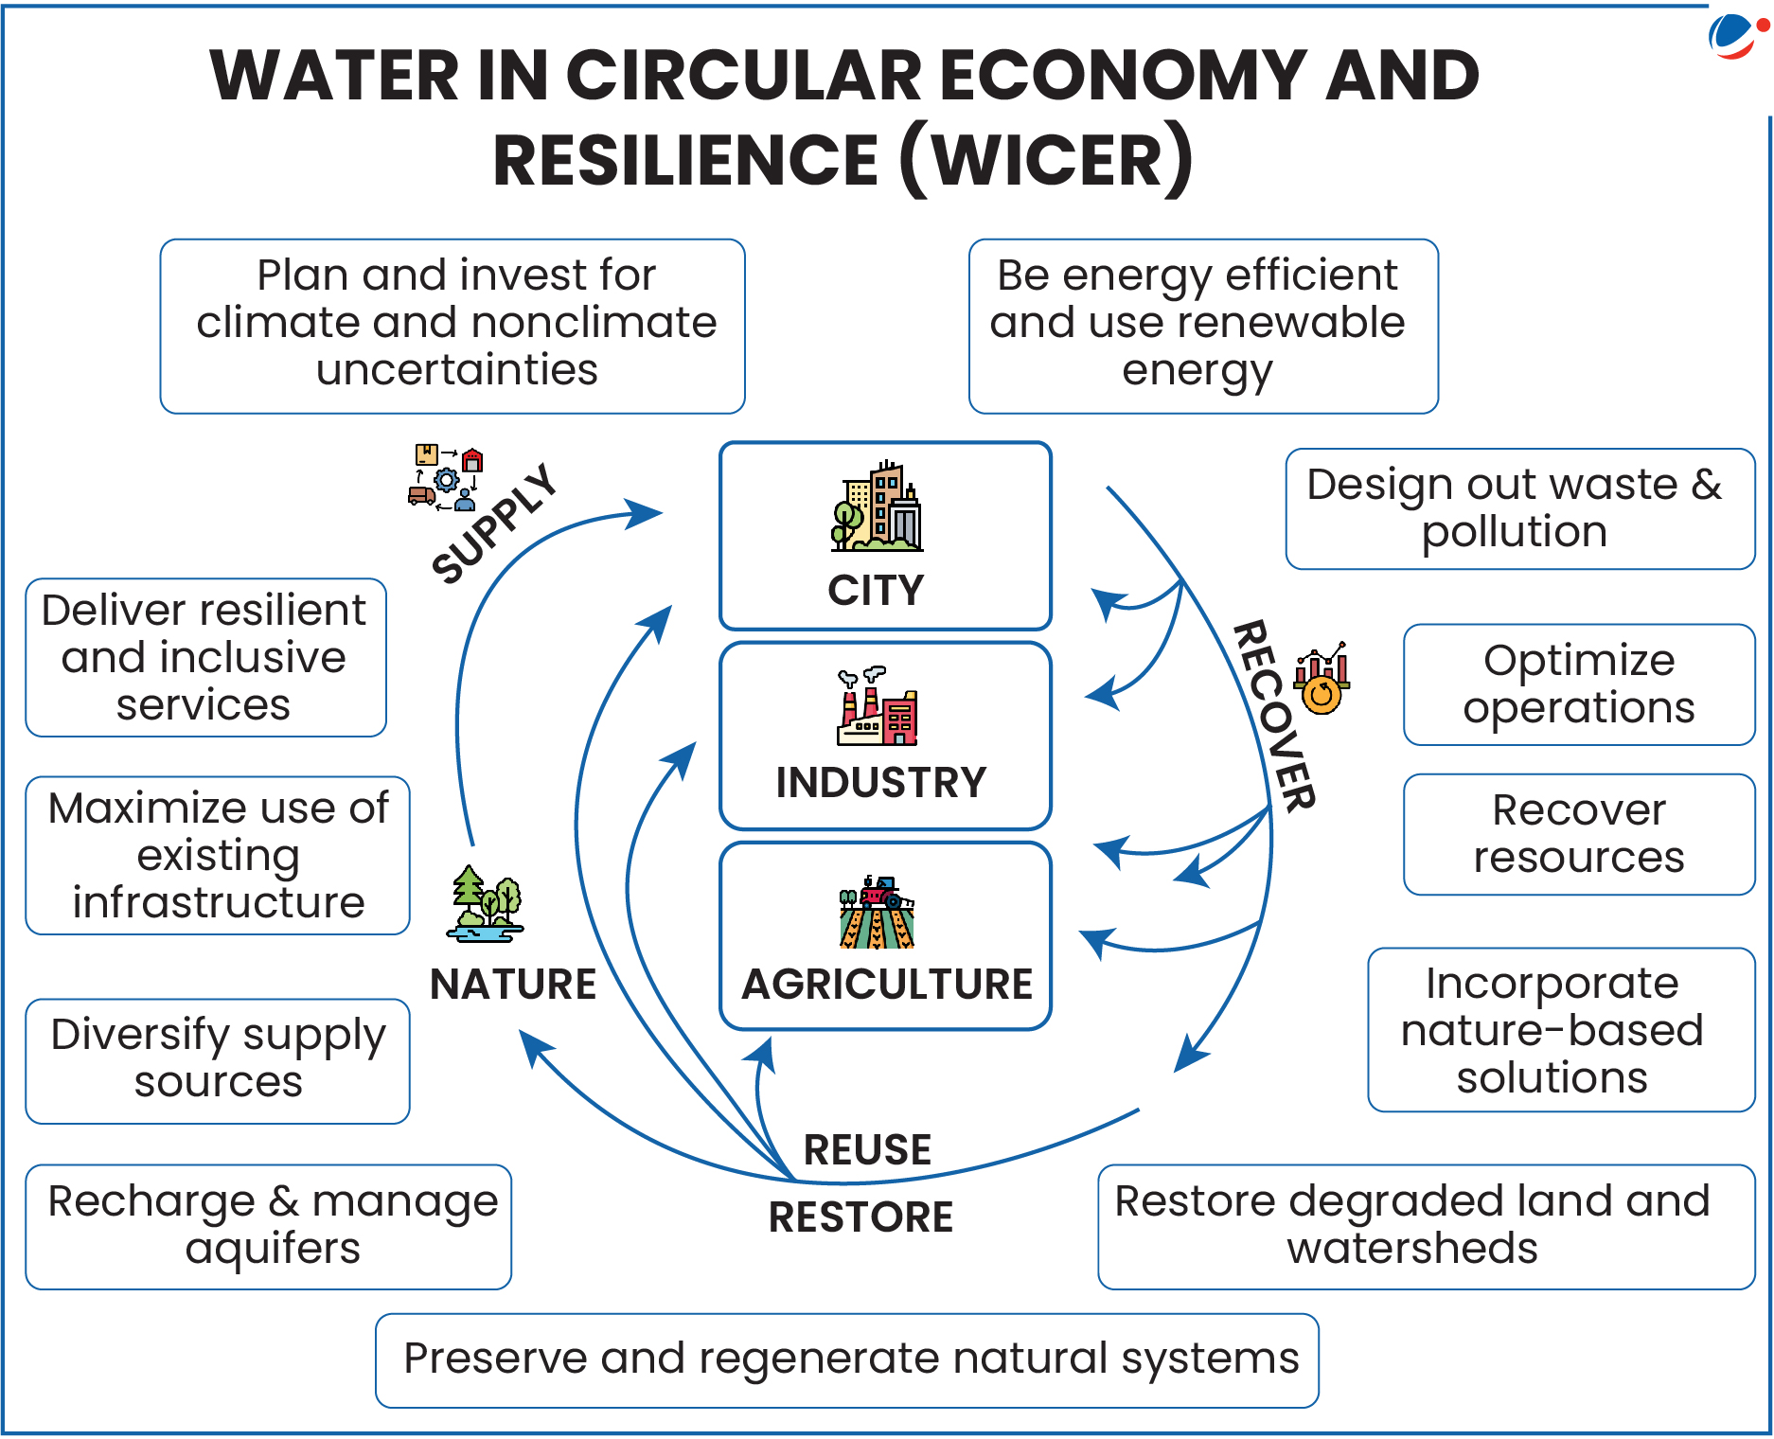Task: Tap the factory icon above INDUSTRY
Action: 877,707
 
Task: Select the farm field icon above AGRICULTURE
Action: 877,913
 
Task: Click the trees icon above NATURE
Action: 486,904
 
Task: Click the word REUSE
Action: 867,1149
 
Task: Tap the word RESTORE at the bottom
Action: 860,1217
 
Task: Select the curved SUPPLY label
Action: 493,524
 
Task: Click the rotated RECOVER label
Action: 1274,716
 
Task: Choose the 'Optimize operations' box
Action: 1578,684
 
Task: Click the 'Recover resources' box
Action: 1578,834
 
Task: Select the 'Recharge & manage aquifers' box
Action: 269,1226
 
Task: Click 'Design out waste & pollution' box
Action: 1518,508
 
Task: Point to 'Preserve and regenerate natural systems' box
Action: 846,1359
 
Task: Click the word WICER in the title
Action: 1046,160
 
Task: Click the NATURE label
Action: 512,985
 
